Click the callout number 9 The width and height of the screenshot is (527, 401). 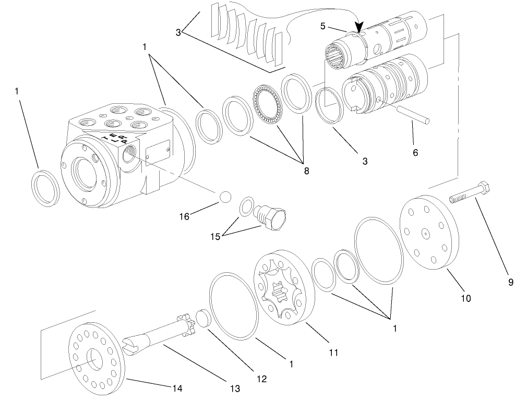tap(510, 282)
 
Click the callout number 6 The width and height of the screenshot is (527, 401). tap(415, 152)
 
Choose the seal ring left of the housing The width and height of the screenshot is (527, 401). tap(45, 187)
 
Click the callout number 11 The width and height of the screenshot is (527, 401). tap(333, 353)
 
